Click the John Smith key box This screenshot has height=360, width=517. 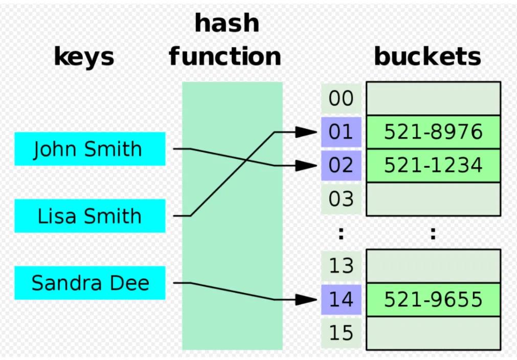(89, 149)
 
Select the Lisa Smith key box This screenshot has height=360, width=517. (89, 216)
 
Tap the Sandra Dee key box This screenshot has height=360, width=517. (89, 283)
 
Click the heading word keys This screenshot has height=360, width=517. (84, 57)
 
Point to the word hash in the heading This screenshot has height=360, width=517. (227, 24)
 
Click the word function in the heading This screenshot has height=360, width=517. (225, 57)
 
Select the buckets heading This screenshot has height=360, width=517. (428, 57)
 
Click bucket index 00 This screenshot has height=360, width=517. (341, 99)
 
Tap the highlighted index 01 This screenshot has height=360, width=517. (341, 132)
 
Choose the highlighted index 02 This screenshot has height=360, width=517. (341, 166)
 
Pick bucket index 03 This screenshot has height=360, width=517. (341, 199)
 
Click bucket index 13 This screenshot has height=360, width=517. (341, 266)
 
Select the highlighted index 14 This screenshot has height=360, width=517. (341, 300)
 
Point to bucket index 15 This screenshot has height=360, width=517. (341, 333)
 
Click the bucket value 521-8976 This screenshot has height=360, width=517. (433, 132)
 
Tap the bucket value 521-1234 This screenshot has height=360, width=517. (433, 166)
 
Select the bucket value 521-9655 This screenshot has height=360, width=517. (433, 300)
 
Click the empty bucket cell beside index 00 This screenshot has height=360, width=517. (433, 99)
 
